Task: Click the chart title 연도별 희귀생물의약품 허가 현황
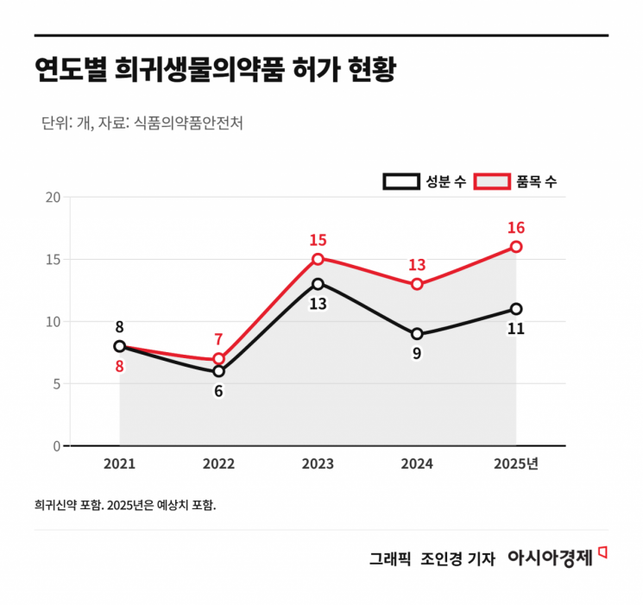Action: (214, 70)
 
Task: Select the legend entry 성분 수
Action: (426, 181)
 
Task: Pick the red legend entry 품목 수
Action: (517, 181)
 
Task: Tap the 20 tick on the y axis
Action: (53, 197)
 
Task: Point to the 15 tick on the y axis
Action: (53, 259)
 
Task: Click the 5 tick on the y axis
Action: (56, 384)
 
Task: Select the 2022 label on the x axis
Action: (218, 464)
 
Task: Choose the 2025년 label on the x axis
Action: (516, 464)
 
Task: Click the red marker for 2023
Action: (318, 259)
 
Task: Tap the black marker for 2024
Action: (417, 334)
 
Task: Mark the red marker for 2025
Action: (516, 247)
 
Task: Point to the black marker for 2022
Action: (218, 371)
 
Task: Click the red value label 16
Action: (516, 228)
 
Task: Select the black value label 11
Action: (516, 329)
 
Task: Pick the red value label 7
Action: (218, 340)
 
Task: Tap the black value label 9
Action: (417, 354)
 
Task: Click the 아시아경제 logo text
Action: (550, 558)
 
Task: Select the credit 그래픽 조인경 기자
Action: (432, 559)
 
